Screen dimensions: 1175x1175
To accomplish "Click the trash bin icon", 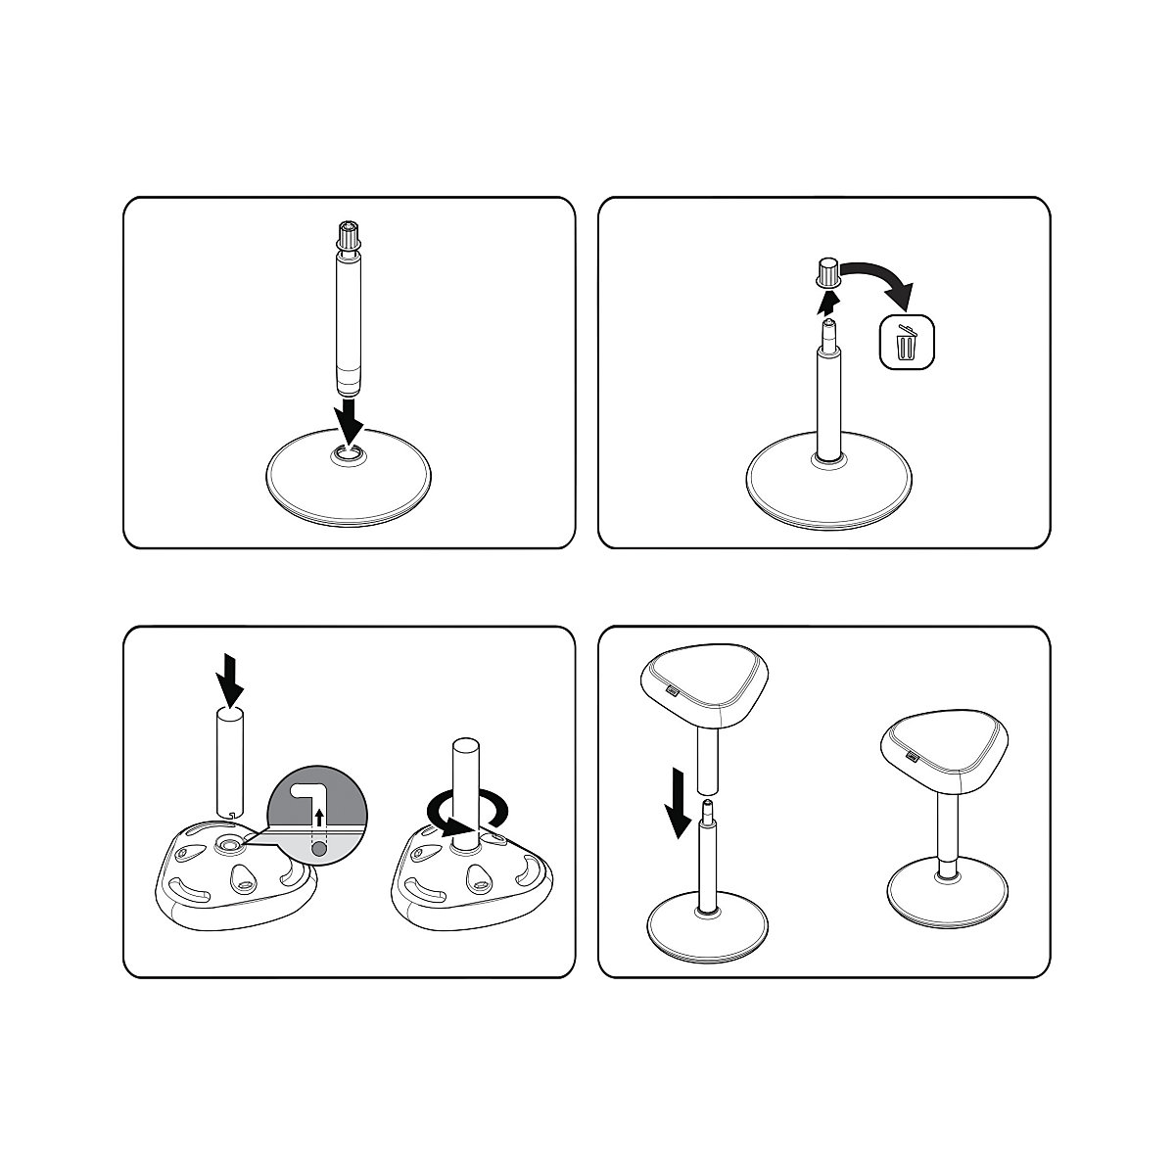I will pyautogui.click(x=907, y=342).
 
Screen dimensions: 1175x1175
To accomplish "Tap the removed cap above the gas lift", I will pyautogui.click(x=827, y=270).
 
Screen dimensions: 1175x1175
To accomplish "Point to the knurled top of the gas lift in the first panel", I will pyautogui.click(x=349, y=236).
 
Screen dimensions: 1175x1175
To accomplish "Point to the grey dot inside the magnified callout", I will pyautogui.click(x=319, y=851).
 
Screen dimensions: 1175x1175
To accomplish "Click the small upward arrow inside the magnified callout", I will pyautogui.click(x=319, y=822).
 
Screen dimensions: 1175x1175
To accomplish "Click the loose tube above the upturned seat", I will pyautogui.click(x=229, y=760).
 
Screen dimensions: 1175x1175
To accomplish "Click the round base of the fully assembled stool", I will pyautogui.click(x=947, y=896).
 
